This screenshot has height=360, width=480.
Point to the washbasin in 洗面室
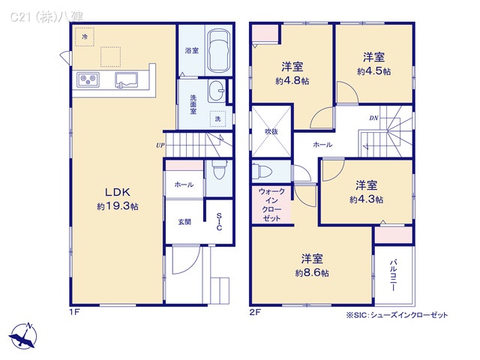[x=217, y=91]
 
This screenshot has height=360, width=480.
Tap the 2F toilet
[x=259, y=169]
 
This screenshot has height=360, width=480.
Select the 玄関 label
[x=184, y=222]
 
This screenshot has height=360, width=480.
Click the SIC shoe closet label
[x=219, y=223]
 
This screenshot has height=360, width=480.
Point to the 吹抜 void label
[x=271, y=131]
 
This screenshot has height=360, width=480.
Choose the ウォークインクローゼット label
[x=271, y=205]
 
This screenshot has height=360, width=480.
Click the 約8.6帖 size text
[x=312, y=273]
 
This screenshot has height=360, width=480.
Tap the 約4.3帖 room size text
[x=366, y=199]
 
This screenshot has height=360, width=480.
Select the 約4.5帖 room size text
[x=373, y=72]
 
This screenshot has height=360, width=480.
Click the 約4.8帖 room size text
[x=291, y=81]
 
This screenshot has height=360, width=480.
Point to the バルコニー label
[x=394, y=277]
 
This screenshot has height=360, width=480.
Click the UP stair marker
[x=160, y=145]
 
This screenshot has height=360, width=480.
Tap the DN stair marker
[x=373, y=118]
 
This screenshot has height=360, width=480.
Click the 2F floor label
[x=256, y=311]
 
